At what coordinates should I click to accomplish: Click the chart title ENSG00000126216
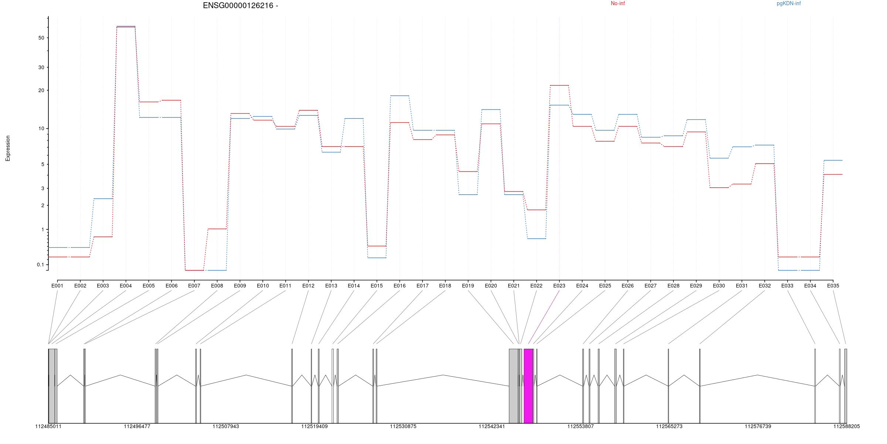coord(240,6)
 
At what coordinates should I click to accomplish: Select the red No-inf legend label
coord(618,4)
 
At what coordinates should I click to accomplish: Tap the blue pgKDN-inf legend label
coord(788,4)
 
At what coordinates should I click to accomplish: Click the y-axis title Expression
coord(8,148)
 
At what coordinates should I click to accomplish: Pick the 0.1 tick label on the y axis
coord(40,265)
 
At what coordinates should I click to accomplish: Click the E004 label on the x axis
coord(126,286)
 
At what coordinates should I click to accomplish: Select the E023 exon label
coord(559,286)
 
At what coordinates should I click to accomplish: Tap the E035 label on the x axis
coord(833,286)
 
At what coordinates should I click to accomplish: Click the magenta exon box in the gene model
coord(528,386)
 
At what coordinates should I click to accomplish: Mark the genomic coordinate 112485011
coord(48,427)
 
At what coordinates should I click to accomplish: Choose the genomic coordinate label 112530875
coord(403,427)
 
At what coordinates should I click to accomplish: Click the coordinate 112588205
coord(846,427)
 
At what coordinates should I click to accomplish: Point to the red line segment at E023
coord(559,85)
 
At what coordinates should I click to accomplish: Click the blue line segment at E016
coord(400,96)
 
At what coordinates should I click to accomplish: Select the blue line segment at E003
coord(103,199)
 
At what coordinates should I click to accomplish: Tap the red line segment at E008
coord(217,229)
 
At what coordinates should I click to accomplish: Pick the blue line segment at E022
coord(536,239)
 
